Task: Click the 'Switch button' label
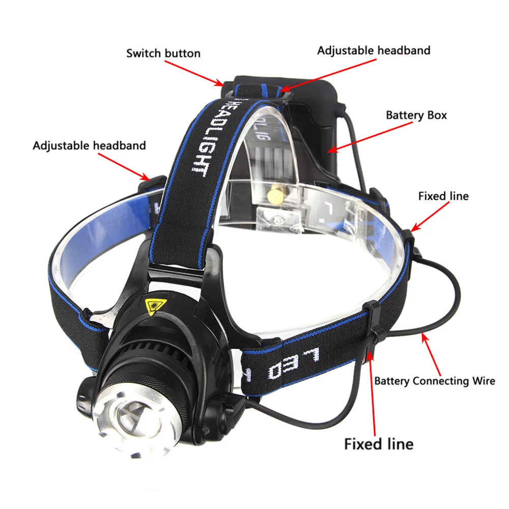tap(163, 53)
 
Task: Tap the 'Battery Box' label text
tap(416, 115)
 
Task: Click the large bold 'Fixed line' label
tap(379, 443)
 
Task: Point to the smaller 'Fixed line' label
tap(443, 196)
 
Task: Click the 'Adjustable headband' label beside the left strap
tap(90, 146)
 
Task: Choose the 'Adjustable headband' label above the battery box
tap(374, 50)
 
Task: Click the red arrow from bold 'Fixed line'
tap(374, 392)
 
